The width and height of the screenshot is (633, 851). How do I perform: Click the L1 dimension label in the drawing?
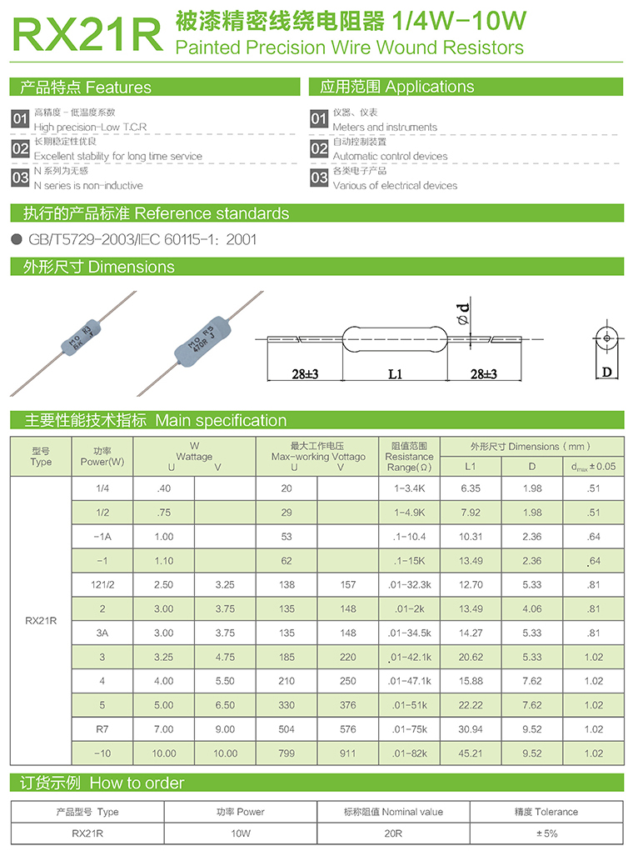[395, 374]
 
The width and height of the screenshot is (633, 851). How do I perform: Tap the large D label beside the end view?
[607, 372]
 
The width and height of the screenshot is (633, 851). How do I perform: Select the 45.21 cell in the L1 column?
[471, 753]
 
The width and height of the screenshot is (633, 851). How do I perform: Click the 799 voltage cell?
[287, 753]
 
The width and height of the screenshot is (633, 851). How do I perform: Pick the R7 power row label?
[102, 729]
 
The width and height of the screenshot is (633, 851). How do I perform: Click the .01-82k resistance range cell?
[409, 753]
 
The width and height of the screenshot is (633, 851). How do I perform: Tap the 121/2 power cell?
[102, 585]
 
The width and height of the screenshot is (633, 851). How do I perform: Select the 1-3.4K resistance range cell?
[409, 488]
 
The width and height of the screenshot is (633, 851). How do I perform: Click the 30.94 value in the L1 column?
[471, 729]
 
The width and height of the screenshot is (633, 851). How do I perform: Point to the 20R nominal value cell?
[393, 833]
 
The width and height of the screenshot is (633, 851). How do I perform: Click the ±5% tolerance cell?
[546, 833]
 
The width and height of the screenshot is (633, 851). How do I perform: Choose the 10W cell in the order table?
[240, 833]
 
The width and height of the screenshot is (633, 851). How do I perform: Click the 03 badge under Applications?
[319, 178]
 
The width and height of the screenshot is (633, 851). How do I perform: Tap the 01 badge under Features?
[20, 119]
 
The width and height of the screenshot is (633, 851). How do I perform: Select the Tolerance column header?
[546, 812]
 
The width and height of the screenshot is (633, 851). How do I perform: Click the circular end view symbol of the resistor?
[607, 338]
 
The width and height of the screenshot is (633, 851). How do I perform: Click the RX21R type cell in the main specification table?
[41, 621]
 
